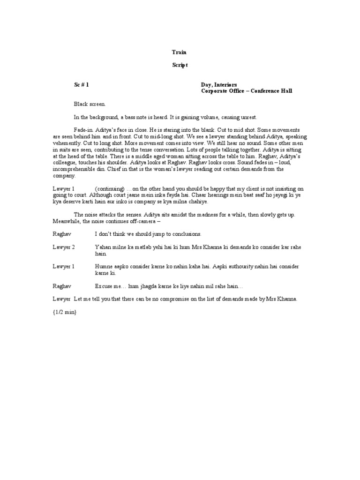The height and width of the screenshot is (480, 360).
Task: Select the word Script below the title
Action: click(x=179, y=66)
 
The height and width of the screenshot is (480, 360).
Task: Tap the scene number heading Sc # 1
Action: click(x=81, y=85)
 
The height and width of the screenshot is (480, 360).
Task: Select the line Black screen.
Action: click(x=90, y=104)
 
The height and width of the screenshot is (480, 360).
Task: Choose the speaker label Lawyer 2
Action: click(x=64, y=247)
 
